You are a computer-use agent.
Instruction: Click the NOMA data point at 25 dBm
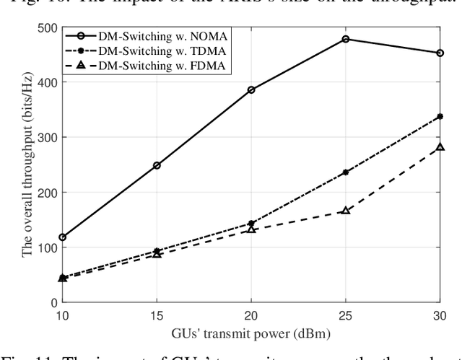click(346, 39)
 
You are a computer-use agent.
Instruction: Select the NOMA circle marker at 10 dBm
click(62, 237)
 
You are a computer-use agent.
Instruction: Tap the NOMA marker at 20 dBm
click(251, 90)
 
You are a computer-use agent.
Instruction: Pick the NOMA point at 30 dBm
click(440, 53)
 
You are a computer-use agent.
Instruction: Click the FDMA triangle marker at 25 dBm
click(346, 211)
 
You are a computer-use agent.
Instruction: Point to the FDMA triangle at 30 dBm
click(440, 148)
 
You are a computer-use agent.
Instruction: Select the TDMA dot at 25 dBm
click(346, 172)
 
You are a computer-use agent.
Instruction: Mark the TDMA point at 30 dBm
click(440, 116)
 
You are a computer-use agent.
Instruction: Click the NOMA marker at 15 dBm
click(157, 165)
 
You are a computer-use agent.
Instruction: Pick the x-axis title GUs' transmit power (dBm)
click(251, 333)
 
